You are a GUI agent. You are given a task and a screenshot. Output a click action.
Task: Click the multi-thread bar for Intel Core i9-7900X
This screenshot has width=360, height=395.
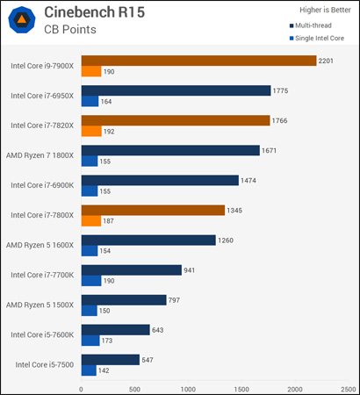[198, 61]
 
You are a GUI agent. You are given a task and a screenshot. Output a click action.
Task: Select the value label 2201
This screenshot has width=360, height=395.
[329, 61]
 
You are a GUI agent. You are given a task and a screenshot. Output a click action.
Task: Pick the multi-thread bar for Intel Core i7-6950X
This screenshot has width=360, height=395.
[176, 90]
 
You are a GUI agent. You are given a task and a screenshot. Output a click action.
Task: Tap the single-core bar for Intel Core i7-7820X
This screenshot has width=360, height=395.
[91, 132]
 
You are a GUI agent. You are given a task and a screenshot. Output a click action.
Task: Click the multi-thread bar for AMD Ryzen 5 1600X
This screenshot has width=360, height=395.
[148, 240]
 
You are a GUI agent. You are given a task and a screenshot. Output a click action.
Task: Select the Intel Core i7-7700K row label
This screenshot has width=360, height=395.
[42, 275]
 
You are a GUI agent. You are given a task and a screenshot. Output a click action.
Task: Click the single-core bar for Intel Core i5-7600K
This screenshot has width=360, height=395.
[90, 341]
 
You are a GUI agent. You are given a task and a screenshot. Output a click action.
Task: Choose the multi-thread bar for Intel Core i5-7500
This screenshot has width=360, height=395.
[110, 359]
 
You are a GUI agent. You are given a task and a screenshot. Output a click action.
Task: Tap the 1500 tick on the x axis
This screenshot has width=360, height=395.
[241, 388]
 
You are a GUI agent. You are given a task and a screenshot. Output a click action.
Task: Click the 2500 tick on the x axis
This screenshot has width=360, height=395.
[348, 388]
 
